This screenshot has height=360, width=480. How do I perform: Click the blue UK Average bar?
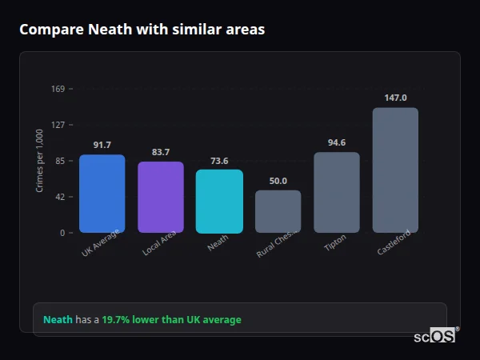(102, 194)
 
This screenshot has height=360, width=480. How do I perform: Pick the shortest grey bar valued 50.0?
(278, 211)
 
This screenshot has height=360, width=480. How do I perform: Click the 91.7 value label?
(102, 145)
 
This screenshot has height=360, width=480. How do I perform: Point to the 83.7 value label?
(160, 152)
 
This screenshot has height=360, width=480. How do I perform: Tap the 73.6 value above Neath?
(219, 161)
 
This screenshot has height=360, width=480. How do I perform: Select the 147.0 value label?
(395, 98)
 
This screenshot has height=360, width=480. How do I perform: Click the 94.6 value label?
(336, 142)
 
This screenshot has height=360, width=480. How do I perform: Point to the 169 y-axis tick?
(58, 89)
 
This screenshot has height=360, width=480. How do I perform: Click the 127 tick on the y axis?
(58, 125)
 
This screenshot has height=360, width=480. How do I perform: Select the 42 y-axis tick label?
(59, 197)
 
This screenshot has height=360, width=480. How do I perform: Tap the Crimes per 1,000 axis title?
(40, 161)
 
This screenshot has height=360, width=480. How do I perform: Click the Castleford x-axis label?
(393, 242)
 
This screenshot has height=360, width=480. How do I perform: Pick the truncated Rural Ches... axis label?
(276, 242)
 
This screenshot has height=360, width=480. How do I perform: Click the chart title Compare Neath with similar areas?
(142, 30)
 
